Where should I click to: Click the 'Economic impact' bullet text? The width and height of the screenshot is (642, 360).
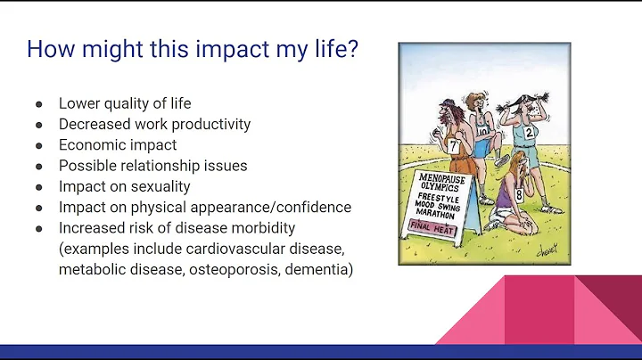pyautogui.click(x=118, y=144)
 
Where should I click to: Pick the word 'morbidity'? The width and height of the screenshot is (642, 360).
pyautogui.click(x=262, y=228)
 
